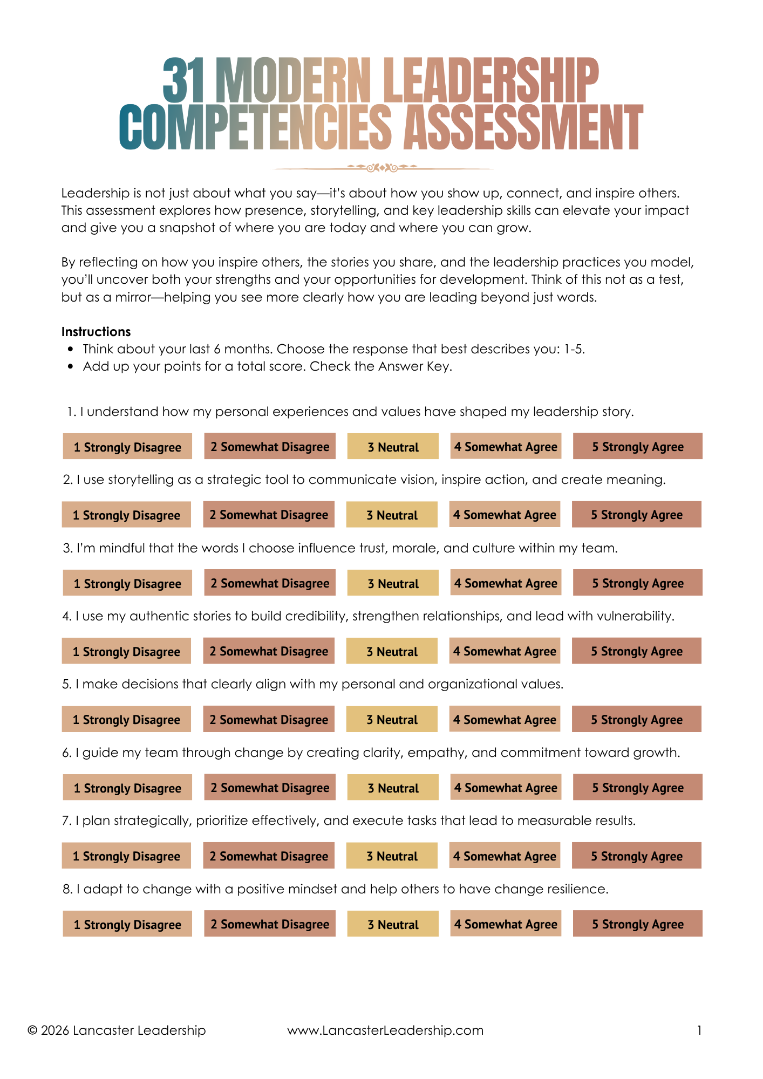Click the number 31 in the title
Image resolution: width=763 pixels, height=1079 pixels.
pyautogui.click(x=184, y=81)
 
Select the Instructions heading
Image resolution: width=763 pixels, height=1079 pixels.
pyautogui.click(x=96, y=332)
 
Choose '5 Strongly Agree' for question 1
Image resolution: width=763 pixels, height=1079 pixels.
pyautogui.click(x=637, y=447)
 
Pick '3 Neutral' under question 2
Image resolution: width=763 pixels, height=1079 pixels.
pyautogui.click(x=392, y=515)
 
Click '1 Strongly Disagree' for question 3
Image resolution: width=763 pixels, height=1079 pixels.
pyautogui.click(x=127, y=584)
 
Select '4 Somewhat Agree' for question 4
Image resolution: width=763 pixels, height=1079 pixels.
pyautogui.click(x=505, y=652)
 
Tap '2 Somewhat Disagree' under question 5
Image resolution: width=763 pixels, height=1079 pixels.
pyautogui.click(x=269, y=720)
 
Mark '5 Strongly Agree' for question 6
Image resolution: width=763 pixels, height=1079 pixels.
pyautogui.click(x=637, y=788)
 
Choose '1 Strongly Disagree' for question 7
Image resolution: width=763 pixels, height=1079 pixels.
pyautogui.click(x=126, y=856)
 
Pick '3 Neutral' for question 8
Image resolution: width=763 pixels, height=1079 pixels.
pyautogui.click(x=393, y=925)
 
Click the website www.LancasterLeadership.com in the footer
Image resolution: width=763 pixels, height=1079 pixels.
pyautogui.click(x=385, y=1030)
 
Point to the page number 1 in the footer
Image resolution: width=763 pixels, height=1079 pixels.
pyautogui.click(x=699, y=1030)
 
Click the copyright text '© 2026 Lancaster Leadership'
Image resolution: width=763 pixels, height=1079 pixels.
pyautogui.click(x=117, y=1030)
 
